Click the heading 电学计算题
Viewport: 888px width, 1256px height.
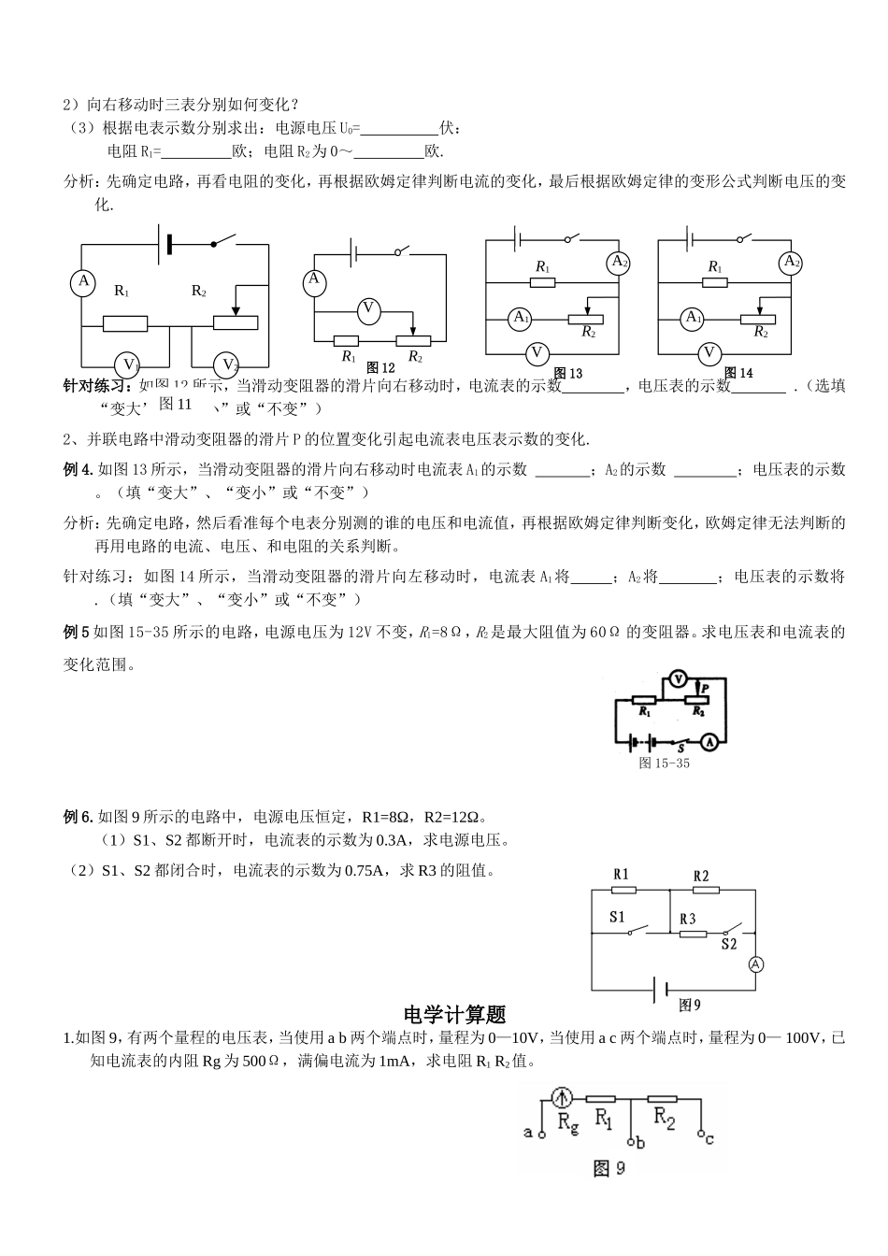point(453,1014)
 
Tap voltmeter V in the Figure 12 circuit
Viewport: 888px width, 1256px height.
point(368,309)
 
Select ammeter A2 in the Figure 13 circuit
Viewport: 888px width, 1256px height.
point(619,263)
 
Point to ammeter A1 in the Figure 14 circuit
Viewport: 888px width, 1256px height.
point(693,318)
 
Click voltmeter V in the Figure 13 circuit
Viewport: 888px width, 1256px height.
point(537,353)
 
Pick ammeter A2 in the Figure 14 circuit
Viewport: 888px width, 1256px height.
point(792,263)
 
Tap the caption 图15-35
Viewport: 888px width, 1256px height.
point(664,764)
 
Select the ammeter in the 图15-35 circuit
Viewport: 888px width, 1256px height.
point(710,742)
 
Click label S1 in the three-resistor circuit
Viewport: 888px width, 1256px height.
point(617,917)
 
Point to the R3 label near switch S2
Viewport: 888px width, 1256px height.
point(688,919)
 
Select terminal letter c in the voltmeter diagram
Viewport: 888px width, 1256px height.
point(710,1137)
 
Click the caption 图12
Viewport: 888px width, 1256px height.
point(380,368)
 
